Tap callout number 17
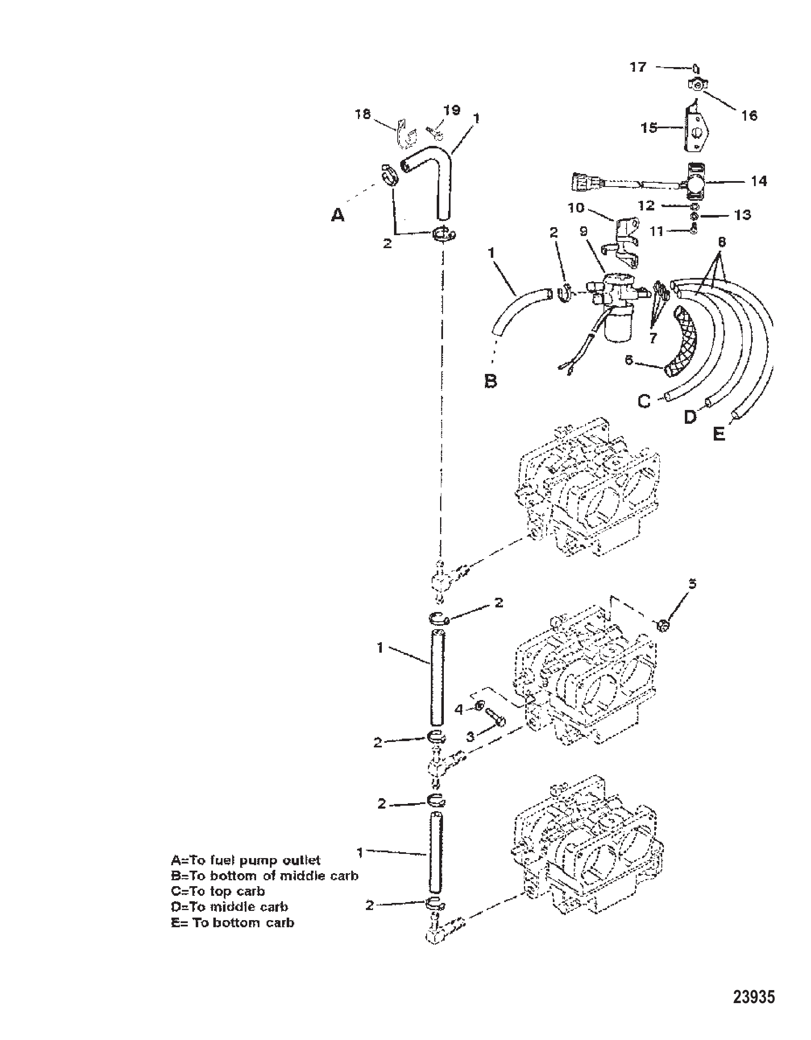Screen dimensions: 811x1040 [638, 67]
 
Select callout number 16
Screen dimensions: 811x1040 [749, 116]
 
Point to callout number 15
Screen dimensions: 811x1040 [649, 127]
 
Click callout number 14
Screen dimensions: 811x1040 [759, 181]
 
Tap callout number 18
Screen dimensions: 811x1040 [363, 114]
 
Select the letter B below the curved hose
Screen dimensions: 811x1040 [490, 381]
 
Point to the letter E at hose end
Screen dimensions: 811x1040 [719, 434]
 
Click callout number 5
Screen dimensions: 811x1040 [692, 584]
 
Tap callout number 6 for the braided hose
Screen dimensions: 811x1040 [629, 360]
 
